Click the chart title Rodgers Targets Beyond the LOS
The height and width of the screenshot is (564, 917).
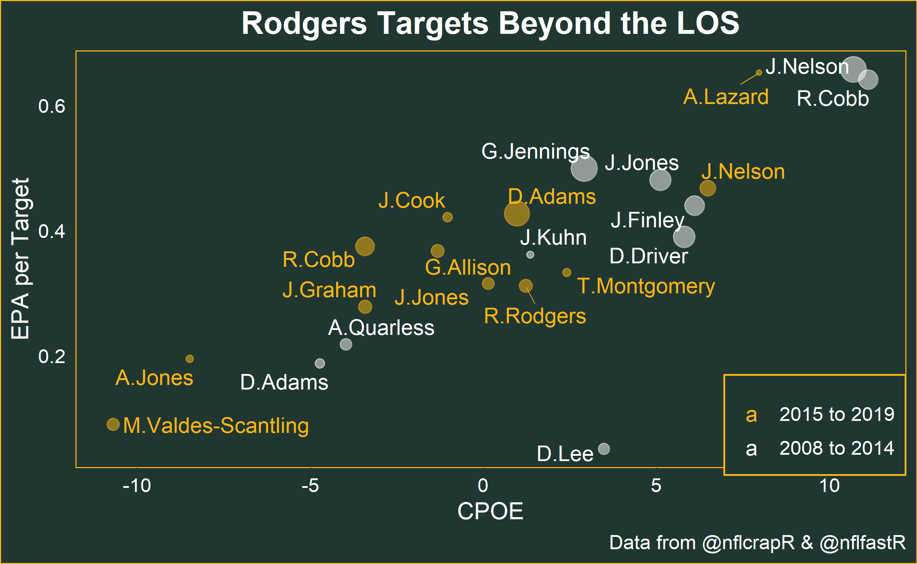pyautogui.click(x=490, y=23)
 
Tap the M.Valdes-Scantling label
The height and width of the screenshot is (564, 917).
pyautogui.click(x=216, y=425)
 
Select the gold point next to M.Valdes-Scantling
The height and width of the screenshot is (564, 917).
pyautogui.click(x=113, y=424)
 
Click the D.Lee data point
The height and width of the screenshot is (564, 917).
pyautogui.click(x=604, y=449)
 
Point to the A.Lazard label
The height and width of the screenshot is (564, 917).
pyautogui.click(x=725, y=97)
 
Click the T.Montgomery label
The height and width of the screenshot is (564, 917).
pyautogui.click(x=646, y=287)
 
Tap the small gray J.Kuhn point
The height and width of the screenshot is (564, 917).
pyautogui.click(x=530, y=255)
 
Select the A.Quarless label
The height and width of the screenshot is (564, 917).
pyautogui.click(x=381, y=328)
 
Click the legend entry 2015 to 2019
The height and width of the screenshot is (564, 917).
pyautogui.click(x=836, y=415)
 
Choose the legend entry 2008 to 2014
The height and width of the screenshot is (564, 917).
pyautogui.click(x=836, y=448)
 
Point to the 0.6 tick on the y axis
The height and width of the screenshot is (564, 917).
pyautogui.click(x=51, y=107)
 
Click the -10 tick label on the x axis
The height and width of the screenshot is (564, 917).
pyautogui.click(x=137, y=486)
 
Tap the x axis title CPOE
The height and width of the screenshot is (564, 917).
pyautogui.click(x=490, y=511)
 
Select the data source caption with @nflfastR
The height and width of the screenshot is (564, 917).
pyautogui.click(x=757, y=542)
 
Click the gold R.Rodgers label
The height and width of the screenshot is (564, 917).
pyautogui.click(x=534, y=316)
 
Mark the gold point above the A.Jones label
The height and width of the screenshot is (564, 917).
pyautogui.click(x=190, y=359)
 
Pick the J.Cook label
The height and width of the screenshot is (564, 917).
pyautogui.click(x=411, y=201)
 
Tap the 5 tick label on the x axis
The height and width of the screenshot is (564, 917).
pyautogui.click(x=656, y=486)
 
